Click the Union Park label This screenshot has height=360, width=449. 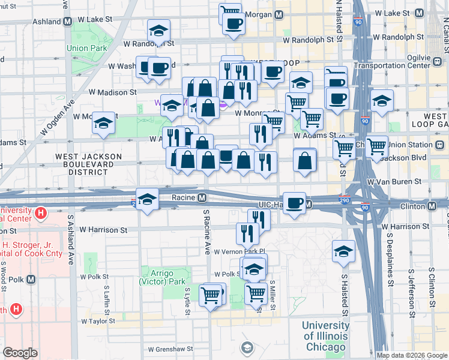click(x=86, y=47)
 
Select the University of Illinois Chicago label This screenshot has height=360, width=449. click(x=325, y=336)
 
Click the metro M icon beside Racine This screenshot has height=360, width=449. click(x=202, y=197)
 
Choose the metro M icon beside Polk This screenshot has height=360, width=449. click(x=30, y=280)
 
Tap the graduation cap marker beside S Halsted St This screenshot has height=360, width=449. click(x=343, y=251)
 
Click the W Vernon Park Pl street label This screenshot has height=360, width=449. click(x=240, y=251)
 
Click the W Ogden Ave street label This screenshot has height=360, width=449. click(x=57, y=116)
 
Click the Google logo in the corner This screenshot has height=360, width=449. click(x=20, y=353)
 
